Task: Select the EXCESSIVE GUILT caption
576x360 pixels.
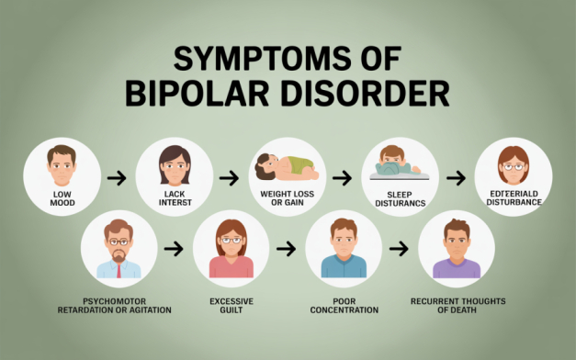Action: point(231,304)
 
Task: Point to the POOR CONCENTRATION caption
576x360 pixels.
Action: point(344,304)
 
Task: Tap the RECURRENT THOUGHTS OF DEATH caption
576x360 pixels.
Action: point(457,304)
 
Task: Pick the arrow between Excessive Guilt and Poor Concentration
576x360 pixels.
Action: point(287,248)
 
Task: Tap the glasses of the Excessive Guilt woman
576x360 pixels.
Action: point(232,240)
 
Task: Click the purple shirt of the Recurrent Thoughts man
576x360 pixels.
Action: point(457,268)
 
